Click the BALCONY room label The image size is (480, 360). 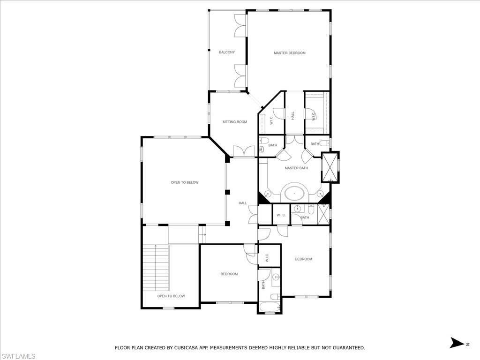pos(227,52)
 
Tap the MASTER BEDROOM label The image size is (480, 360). pos(289,53)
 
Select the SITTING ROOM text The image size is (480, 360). pos(234,122)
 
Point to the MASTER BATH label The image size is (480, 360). pos(296,168)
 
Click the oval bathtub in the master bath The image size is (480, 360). pos(294,193)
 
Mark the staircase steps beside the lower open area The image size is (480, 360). pos(155,267)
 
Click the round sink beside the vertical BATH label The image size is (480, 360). pos(275,277)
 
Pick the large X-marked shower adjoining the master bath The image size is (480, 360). pos(330,167)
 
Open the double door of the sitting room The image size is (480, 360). pos(244,151)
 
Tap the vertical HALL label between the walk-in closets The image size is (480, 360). pos(293,115)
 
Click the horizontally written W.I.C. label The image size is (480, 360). pos(281,215)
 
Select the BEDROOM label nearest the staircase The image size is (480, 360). pos(229,274)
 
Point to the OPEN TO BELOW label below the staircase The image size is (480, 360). pos(171,296)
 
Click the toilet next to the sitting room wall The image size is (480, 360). pos(263,141)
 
